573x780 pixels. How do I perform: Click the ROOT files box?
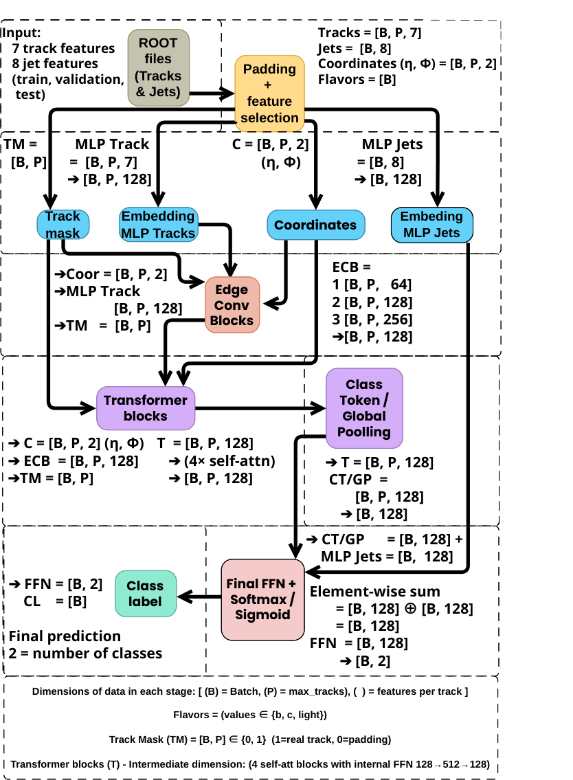158,67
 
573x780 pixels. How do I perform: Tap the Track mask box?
63,225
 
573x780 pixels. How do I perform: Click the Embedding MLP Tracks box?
158,225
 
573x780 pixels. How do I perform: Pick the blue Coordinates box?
315,225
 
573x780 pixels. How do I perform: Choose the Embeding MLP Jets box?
432,225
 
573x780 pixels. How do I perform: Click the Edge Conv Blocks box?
233,304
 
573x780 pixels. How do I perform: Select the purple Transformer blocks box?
145,408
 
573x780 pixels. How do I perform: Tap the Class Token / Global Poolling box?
364,408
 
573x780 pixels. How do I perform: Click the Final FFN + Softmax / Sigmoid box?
261,599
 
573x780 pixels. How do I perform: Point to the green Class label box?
145,594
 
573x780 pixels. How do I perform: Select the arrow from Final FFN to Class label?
199,597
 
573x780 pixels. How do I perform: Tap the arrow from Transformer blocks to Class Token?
261,408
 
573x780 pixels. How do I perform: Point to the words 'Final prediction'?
65,636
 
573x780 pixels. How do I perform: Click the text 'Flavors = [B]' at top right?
357,78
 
